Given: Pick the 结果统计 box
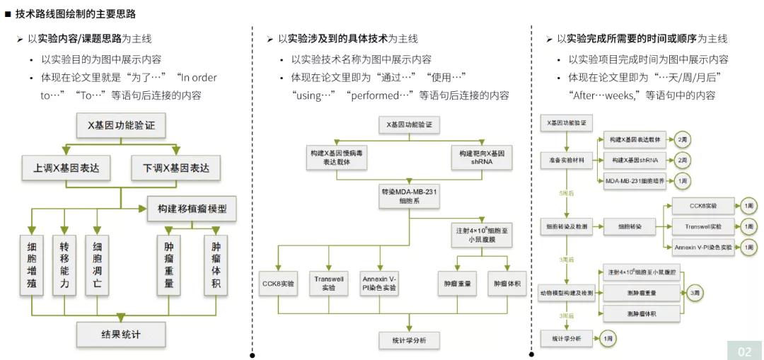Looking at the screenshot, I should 121,334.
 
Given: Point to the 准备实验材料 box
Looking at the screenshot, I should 566,160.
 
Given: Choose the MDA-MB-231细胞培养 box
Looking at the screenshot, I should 635,181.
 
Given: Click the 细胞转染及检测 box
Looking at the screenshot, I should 566,226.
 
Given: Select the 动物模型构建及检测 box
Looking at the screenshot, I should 566,291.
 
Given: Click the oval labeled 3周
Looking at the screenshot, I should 695,291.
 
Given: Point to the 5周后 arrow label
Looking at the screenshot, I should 567,192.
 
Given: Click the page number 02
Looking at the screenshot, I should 745,351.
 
